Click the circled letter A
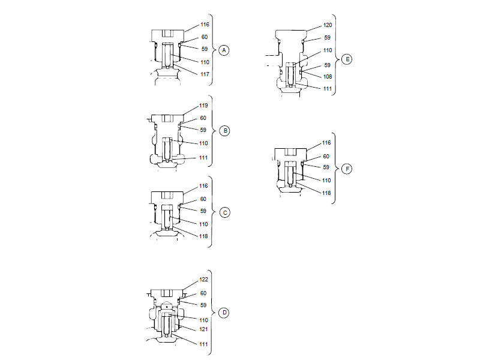pyautogui.click(x=224, y=50)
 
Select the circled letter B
pyautogui.click(x=224, y=130)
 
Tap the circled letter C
pyautogui.click(x=224, y=212)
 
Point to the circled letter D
pyautogui.click(x=224, y=313)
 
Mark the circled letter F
pyautogui.click(x=346, y=169)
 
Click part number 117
pyautogui.click(x=205, y=74)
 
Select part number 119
pyautogui.click(x=205, y=106)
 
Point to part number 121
pyautogui.click(x=205, y=330)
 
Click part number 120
pyautogui.click(x=328, y=25)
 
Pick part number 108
pyautogui.click(x=328, y=77)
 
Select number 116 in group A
pyautogui.click(x=205, y=25)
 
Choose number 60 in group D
pyautogui.click(x=205, y=293)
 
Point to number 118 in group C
pyautogui.click(x=205, y=236)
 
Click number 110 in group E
pyautogui.click(x=328, y=51)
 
